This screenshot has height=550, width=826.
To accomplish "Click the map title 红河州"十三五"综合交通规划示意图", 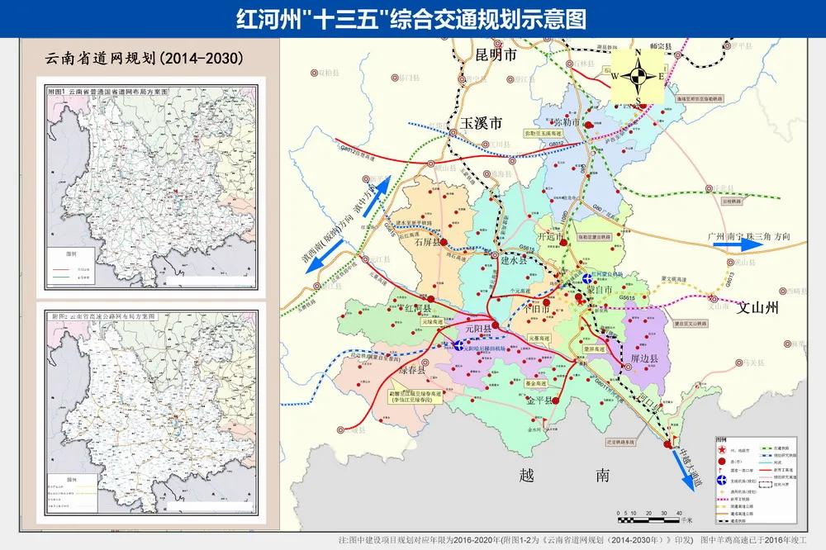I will click(413, 19).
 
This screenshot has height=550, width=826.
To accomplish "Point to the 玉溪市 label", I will click(482, 124).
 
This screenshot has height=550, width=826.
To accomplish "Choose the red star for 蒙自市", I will click(582, 300).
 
